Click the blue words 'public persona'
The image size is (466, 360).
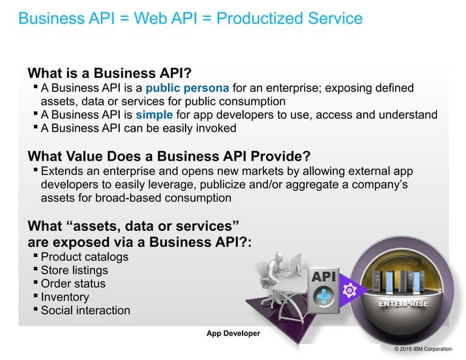coord(192,88)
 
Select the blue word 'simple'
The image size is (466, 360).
coord(175,115)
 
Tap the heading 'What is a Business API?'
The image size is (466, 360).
coord(110,73)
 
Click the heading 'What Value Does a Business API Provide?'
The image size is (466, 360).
coord(169,156)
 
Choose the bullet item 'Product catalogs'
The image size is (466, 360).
coord(84,257)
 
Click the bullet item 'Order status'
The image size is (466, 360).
coord(73,283)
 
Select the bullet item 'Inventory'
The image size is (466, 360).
coord(65,297)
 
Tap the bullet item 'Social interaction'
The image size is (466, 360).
coord(85,310)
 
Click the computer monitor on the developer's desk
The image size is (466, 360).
coord(296,265)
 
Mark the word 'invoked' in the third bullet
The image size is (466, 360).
coord(215,128)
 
